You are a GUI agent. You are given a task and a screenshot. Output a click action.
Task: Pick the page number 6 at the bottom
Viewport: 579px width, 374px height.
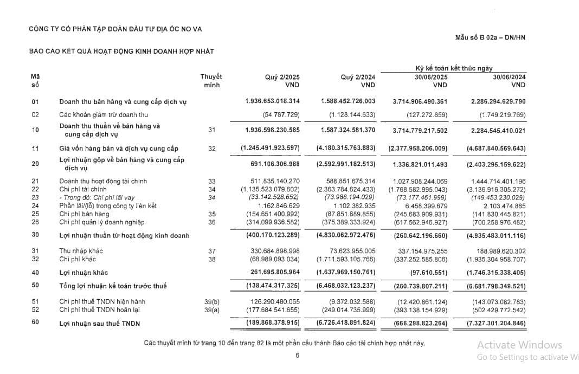(x=297, y=356)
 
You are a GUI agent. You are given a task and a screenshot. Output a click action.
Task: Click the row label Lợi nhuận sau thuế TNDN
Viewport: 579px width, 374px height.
(x=99, y=323)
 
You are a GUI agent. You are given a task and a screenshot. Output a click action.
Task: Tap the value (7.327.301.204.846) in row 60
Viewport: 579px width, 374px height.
(x=495, y=323)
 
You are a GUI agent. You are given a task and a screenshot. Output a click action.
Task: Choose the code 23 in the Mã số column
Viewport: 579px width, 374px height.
(x=35, y=197)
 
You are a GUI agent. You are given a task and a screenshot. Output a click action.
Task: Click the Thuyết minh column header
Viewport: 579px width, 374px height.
(x=211, y=81)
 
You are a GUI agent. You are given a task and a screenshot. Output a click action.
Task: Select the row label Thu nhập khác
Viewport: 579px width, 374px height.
(x=81, y=251)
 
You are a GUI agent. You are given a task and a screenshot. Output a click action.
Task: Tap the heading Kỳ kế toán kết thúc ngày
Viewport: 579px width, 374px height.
(x=454, y=68)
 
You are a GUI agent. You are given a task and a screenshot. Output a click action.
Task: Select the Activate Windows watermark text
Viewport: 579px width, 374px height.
(x=519, y=345)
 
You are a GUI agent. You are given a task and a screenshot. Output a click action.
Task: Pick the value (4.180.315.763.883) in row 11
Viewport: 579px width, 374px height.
(x=345, y=148)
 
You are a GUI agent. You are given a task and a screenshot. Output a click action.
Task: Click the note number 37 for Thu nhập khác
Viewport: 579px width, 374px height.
(x=211, y=251)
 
